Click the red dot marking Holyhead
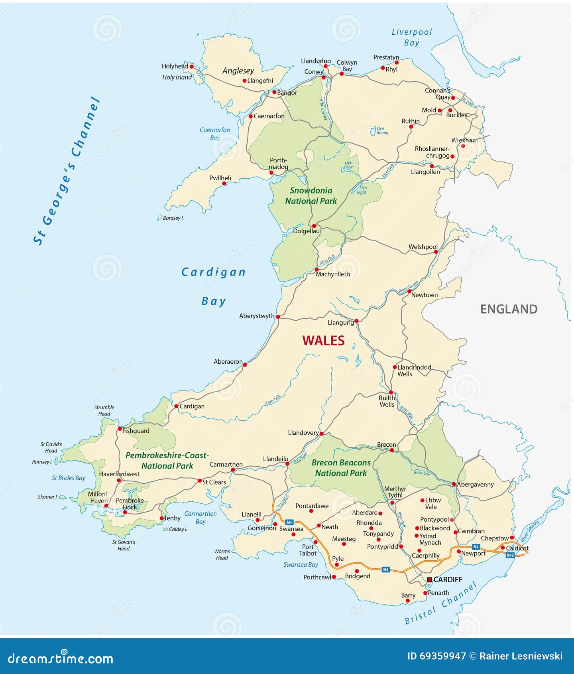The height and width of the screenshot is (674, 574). [x=191, y=67]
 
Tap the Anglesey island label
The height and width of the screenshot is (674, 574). [x=238, y=71]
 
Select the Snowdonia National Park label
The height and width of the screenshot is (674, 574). [x=311, y=196]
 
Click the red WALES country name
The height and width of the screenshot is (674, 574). [x=323, y=341]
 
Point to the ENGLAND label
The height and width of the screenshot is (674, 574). [x=509, y=309]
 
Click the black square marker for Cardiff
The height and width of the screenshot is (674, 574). [x=429, y=579]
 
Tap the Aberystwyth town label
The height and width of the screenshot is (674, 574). [x=257, y=316]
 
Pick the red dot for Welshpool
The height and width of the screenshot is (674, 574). [x=436, y=252]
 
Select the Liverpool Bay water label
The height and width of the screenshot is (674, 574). [x=411, y=37]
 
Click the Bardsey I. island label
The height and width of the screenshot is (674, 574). [x=173, y=218]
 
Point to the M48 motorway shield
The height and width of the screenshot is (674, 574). [x=510, y=555]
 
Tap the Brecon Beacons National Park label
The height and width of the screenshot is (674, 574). [x=341, y=468]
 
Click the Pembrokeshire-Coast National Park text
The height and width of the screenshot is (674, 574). [x=167, y=461]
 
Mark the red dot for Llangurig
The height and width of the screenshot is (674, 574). [x=356, y=321]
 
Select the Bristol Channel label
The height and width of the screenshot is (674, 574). [x=440, y=604]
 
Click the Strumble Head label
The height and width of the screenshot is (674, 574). [x=104, y=410]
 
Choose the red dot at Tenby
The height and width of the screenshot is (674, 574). [x=161, y=518]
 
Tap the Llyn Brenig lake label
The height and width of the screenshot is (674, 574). [x=382, y=130]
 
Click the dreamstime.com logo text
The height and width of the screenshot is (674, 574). [x=60, y=658]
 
